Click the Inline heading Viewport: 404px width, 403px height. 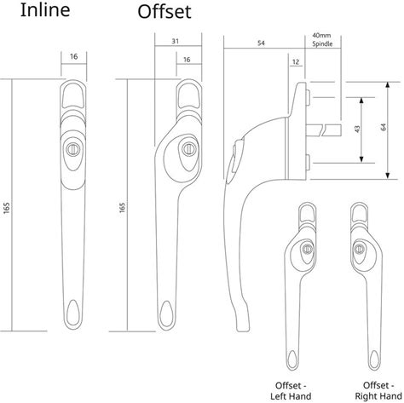[45, 9]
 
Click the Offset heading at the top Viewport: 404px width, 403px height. [164, 11]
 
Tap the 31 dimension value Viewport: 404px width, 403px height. [176, 41]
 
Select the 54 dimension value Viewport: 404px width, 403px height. [261, 43]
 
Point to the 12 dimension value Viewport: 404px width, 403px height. [296, 62]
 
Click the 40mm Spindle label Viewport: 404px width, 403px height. [322, 40]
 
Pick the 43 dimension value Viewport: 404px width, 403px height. [357, 129]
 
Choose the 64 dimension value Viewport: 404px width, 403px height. [384, 127]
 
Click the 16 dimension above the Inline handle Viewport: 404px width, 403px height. [74, 56]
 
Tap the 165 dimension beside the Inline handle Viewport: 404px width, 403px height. [7, 208]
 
